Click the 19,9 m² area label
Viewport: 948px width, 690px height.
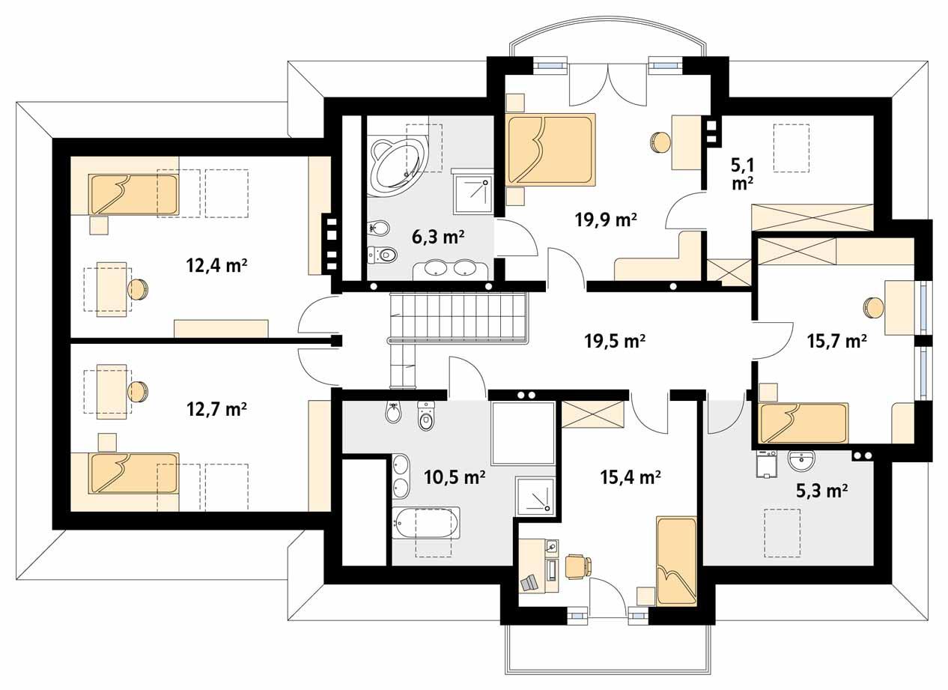606,220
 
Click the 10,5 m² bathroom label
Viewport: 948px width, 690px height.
454,476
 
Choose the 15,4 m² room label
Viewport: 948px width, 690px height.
631,476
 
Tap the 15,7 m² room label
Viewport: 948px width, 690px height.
836,342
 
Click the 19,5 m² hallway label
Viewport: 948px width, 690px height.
615,342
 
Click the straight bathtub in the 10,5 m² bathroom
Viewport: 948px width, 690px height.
425,522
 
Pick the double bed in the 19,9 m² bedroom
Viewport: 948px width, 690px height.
551,149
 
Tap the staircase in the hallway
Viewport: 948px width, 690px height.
457,318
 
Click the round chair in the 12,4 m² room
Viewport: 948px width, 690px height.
139,289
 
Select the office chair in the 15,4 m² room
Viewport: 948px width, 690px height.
577,565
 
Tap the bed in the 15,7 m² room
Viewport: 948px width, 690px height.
803,424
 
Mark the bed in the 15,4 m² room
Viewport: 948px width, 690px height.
676,560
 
